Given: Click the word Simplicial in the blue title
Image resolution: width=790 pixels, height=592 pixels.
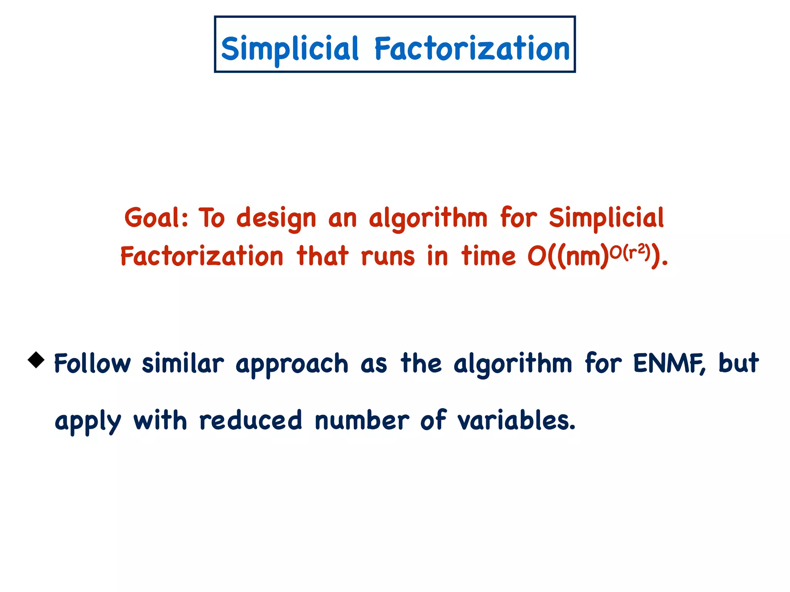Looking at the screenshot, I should (290, 49).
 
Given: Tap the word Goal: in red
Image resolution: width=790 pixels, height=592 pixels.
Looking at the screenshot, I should (156, 218).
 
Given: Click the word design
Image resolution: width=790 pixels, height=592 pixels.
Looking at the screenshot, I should (276, 219).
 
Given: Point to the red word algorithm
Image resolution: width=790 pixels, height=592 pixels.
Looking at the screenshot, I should (428, 219).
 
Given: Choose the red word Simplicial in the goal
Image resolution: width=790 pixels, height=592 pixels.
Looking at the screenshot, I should (606, 218).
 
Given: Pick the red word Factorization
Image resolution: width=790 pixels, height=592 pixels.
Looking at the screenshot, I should (202, 256).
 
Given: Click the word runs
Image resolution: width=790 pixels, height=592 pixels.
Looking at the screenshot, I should (388, 257).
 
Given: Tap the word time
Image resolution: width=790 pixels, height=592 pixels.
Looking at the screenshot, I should (488, 256).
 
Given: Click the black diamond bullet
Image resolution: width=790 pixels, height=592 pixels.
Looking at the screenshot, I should (36, 360).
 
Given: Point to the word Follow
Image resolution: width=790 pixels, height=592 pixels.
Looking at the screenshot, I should (92, 363).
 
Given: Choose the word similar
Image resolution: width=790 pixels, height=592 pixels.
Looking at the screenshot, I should (183, 363).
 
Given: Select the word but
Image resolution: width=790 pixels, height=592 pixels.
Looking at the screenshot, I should (738, 363).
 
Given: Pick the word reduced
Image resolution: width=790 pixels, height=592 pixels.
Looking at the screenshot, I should (250, 420).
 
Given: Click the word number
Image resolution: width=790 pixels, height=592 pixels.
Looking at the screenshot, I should (361, 420).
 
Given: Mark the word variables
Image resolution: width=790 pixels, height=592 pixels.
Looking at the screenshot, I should (516, 420).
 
